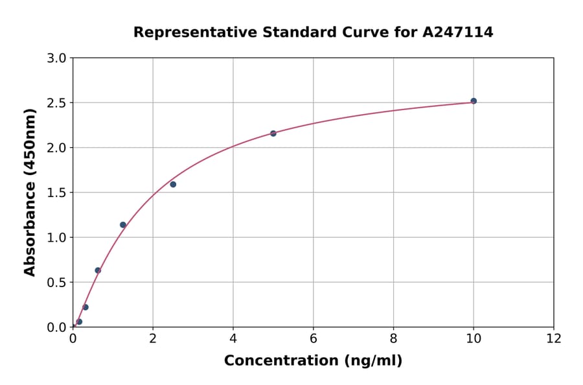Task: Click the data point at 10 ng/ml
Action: coord(474,101)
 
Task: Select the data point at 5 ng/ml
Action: coord(273,134)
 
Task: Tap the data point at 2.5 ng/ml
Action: coord(173,185)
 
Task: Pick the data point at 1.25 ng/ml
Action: coord(123,225)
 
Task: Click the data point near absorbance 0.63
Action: coord(98,270)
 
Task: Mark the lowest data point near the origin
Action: coord(79,321)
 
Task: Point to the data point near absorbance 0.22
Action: coord(86,307)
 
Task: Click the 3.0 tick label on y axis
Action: coord(57,58)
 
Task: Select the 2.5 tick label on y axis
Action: coord(57,103)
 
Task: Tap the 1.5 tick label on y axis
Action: coord(57,192)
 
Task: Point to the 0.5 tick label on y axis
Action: coord(57,283)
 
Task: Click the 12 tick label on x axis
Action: coord(554,338)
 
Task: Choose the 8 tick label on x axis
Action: coord(393,338)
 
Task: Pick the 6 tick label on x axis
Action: coord(313,338)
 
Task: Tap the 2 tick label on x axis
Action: coord(153,338)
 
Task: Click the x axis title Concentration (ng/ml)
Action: coord(313,361)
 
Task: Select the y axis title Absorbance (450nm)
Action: coord(30,192)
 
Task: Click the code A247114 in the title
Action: coord(459,32)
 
